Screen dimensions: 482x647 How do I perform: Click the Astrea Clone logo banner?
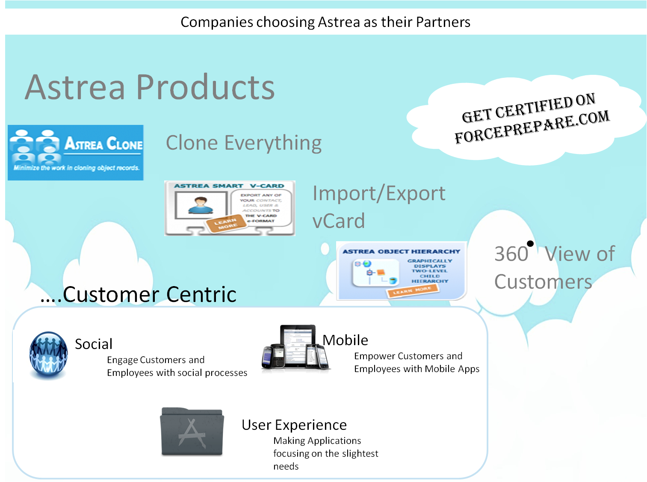tap(76, 152)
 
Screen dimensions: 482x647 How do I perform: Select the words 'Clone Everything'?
tap(244, 143)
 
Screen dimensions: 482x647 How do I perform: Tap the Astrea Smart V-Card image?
tap(230, 208)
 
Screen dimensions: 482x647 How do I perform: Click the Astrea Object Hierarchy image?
tap(401, 271)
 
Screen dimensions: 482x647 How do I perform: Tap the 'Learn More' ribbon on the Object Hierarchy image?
tap(413, 291)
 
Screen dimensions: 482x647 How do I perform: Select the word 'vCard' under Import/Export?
tap(339, 221)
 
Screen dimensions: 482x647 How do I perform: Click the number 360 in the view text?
tap(511, 254)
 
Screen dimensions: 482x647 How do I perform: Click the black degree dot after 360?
tap(530, 244)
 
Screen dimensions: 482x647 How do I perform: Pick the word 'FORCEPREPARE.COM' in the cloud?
tap(532, 127)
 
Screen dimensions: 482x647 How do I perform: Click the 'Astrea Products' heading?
tap(150, 88)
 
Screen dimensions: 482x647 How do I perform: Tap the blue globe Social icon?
tap(48, 355)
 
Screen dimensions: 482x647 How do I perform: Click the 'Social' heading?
tap(94, 344)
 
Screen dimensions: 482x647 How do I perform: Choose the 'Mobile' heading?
tap(346, 340)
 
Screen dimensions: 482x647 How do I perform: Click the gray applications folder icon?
tap(192, 432)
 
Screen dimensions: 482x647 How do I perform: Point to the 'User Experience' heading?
tap(294, 425)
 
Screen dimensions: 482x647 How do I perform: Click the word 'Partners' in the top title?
tap(443, 22)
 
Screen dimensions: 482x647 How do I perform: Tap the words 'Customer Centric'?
tap(150, 294)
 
